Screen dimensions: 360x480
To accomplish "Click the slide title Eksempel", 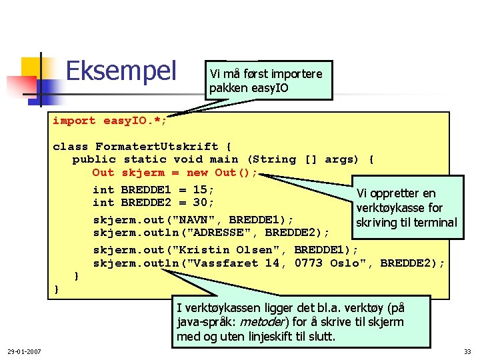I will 121,70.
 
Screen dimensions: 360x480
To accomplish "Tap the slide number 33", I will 466,351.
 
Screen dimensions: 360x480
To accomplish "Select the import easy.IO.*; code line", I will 110,121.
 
